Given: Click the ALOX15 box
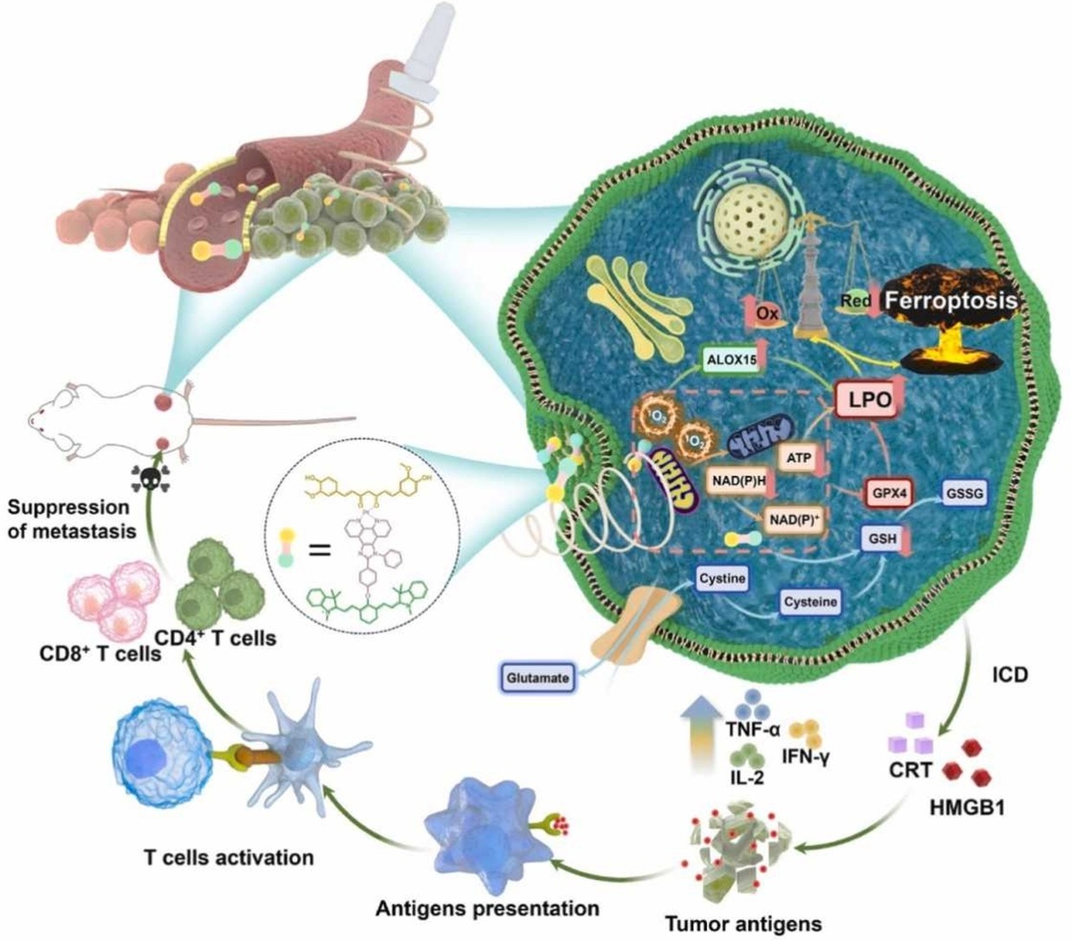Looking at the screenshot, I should pos(733,360).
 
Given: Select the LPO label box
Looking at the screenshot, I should pos(869,400).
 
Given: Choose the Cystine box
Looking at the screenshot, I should pos(723,579).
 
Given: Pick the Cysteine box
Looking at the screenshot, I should pos(811,602).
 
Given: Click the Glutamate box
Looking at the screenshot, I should pos(539,677).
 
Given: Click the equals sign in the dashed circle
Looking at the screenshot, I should pos(320,548).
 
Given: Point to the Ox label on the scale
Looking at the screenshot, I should pos(767,313).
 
